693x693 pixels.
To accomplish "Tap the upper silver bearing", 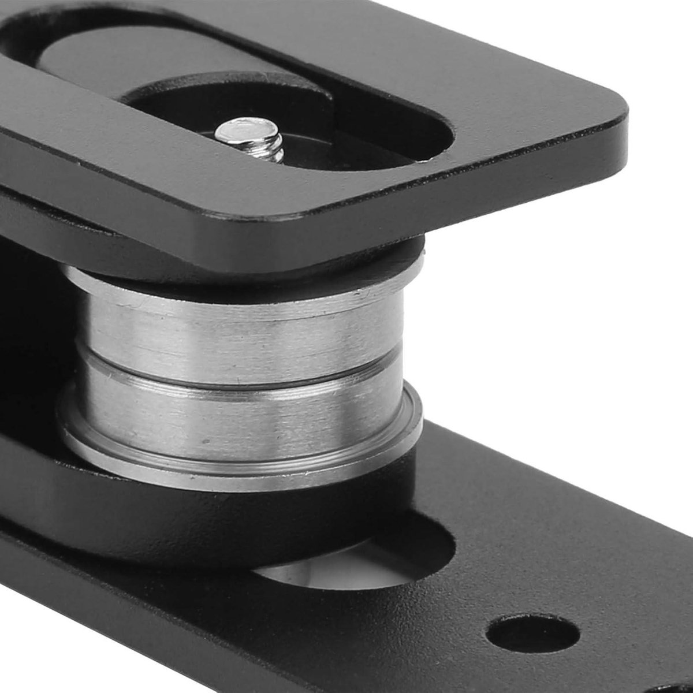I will click(243, 323).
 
